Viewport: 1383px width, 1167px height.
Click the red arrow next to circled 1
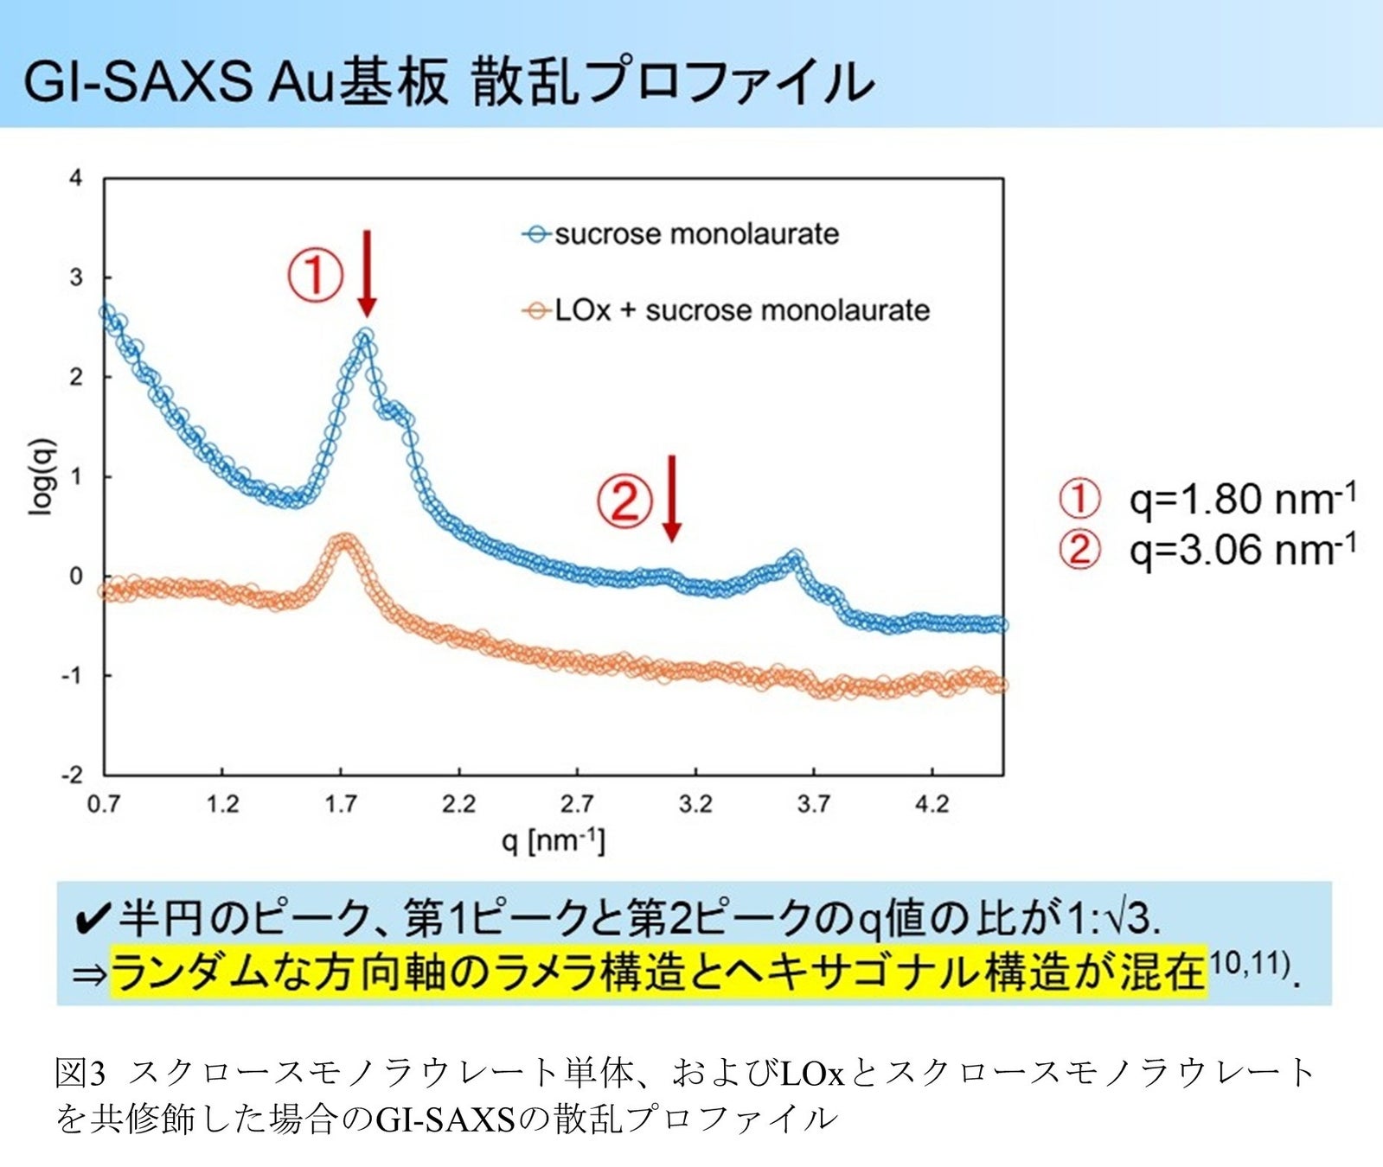point(367,273)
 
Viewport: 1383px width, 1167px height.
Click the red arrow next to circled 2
point(672,499)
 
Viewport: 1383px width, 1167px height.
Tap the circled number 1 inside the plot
point(315,275)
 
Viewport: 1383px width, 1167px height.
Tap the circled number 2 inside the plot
point(624,501)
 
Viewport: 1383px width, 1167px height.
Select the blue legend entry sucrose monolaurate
point(681,233)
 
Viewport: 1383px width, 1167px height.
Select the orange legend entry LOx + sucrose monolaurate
point(727,309)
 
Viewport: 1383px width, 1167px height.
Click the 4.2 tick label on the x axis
point(932,804)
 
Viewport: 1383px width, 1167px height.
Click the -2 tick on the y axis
point(72,775)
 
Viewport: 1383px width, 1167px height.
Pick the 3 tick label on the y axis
point(76,277)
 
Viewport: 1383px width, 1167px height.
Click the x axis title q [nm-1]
point(554,840)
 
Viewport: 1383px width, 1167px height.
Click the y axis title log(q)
point(42,477)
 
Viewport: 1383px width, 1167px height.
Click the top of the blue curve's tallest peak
point(365,335)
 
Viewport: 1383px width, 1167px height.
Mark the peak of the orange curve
point(344,541)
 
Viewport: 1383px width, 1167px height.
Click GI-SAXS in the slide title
point(137,82)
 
